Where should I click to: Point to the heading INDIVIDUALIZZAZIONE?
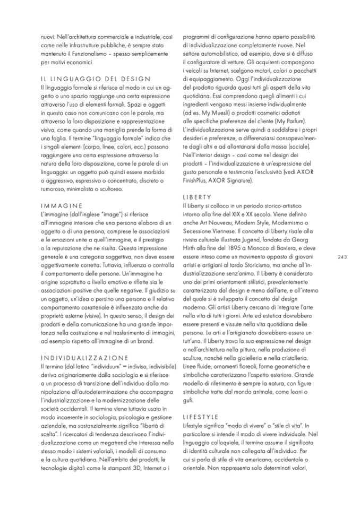point(83,343)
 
